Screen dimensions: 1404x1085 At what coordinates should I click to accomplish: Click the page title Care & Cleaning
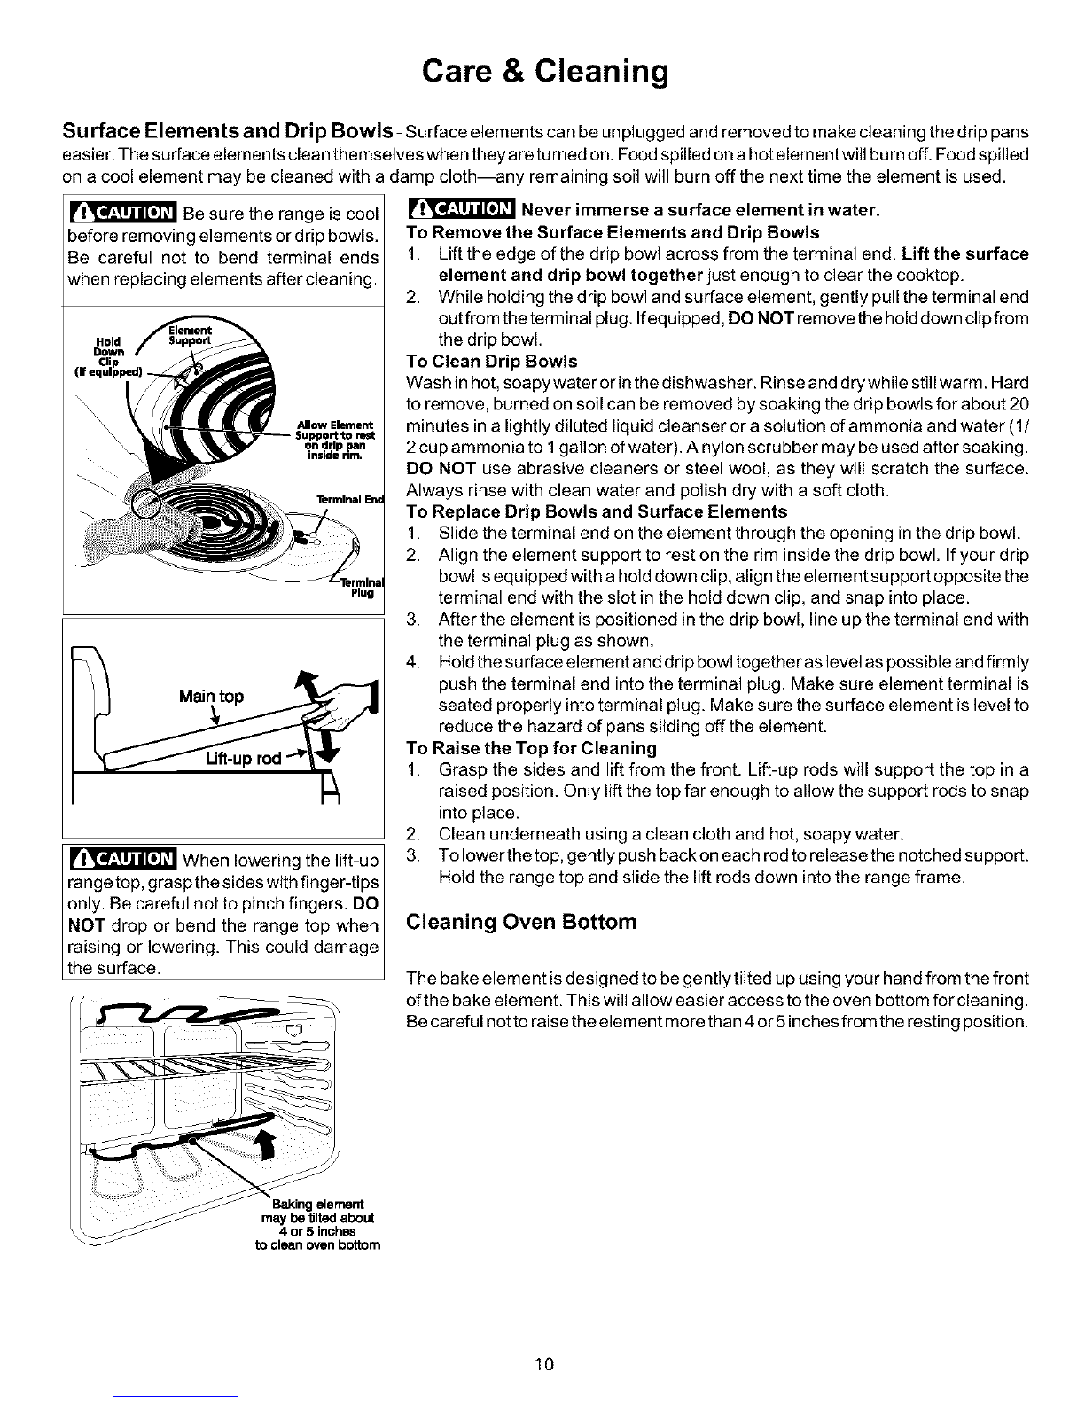coord(542,70)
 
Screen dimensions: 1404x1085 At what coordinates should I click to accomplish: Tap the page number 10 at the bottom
coord(544,1363)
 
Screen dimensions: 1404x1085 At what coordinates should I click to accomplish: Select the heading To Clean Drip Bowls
coord(490,362)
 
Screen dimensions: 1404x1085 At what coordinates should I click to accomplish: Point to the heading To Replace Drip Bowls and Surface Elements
coord(596,511)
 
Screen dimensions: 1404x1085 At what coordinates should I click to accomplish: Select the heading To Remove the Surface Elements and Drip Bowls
coord(612,233)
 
